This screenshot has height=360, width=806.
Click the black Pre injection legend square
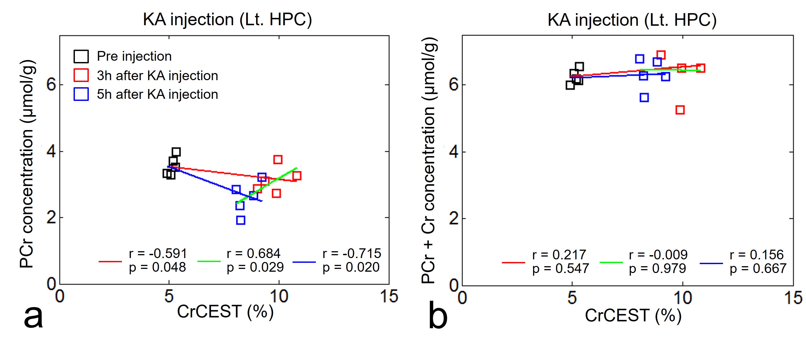[x=81, y=56]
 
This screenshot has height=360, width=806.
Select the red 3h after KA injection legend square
[x=81, y=75]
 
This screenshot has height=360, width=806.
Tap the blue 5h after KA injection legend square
[x=81, y=94]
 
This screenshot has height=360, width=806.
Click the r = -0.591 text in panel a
[x=158, y=253]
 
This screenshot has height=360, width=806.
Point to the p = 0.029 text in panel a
[x=255, y=267]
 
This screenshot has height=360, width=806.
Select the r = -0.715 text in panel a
[x=352, y=253]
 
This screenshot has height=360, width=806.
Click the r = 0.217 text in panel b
[x=559, y=255]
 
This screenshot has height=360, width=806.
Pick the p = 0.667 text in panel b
[x=758, y=268]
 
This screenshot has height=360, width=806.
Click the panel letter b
[x=437, y=317]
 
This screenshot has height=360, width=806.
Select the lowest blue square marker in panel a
[x=241, y=220]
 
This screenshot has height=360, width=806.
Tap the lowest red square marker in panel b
[x=680, y=110]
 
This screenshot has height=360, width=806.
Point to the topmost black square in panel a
[x=176, y=152]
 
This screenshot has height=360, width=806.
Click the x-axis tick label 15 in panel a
[x=389, y=296]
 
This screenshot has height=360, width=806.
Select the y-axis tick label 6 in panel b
[x=454, y=85]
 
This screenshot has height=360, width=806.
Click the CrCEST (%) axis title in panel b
[x=633, y=316]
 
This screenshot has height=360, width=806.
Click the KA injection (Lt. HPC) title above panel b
[x=632, y=20]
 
